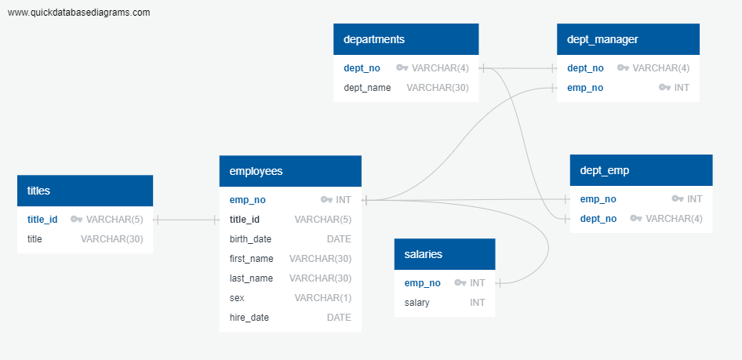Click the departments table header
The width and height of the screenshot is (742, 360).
(x=374, y=39)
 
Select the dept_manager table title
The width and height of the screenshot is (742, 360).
(x=602, y=39)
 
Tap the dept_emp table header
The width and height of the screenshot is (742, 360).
(x=605, y=170)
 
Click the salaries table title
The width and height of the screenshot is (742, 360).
(x=424, y=254)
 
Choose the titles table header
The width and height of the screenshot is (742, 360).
(x=38, y=191)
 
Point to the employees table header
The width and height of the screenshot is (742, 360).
(x=256, y=171)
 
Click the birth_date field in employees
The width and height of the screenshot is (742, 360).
(x=250, y=239)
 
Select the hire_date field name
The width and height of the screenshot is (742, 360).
(x=249, y=318)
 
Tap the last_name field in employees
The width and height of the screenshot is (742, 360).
(x=251, y=278)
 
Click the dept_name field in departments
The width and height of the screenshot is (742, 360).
(x=367, y=88)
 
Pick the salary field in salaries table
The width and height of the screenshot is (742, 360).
(x=416, y=303)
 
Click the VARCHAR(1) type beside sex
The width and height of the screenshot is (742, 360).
(x=322, y=298)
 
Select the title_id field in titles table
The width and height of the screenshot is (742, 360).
(x=42, y=220)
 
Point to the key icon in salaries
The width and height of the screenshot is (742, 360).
(x=460, y=283)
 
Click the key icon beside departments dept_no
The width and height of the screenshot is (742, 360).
(x=402, y=68)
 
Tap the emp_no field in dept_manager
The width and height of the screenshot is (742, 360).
(x=585, y=88)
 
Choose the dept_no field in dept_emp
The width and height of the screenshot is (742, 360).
(x=598, y=219)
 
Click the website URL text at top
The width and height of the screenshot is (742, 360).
(x=79, y=13)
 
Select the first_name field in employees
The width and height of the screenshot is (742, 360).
(x=251, y=259)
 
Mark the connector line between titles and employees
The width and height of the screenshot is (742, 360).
(x=186, y=220)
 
